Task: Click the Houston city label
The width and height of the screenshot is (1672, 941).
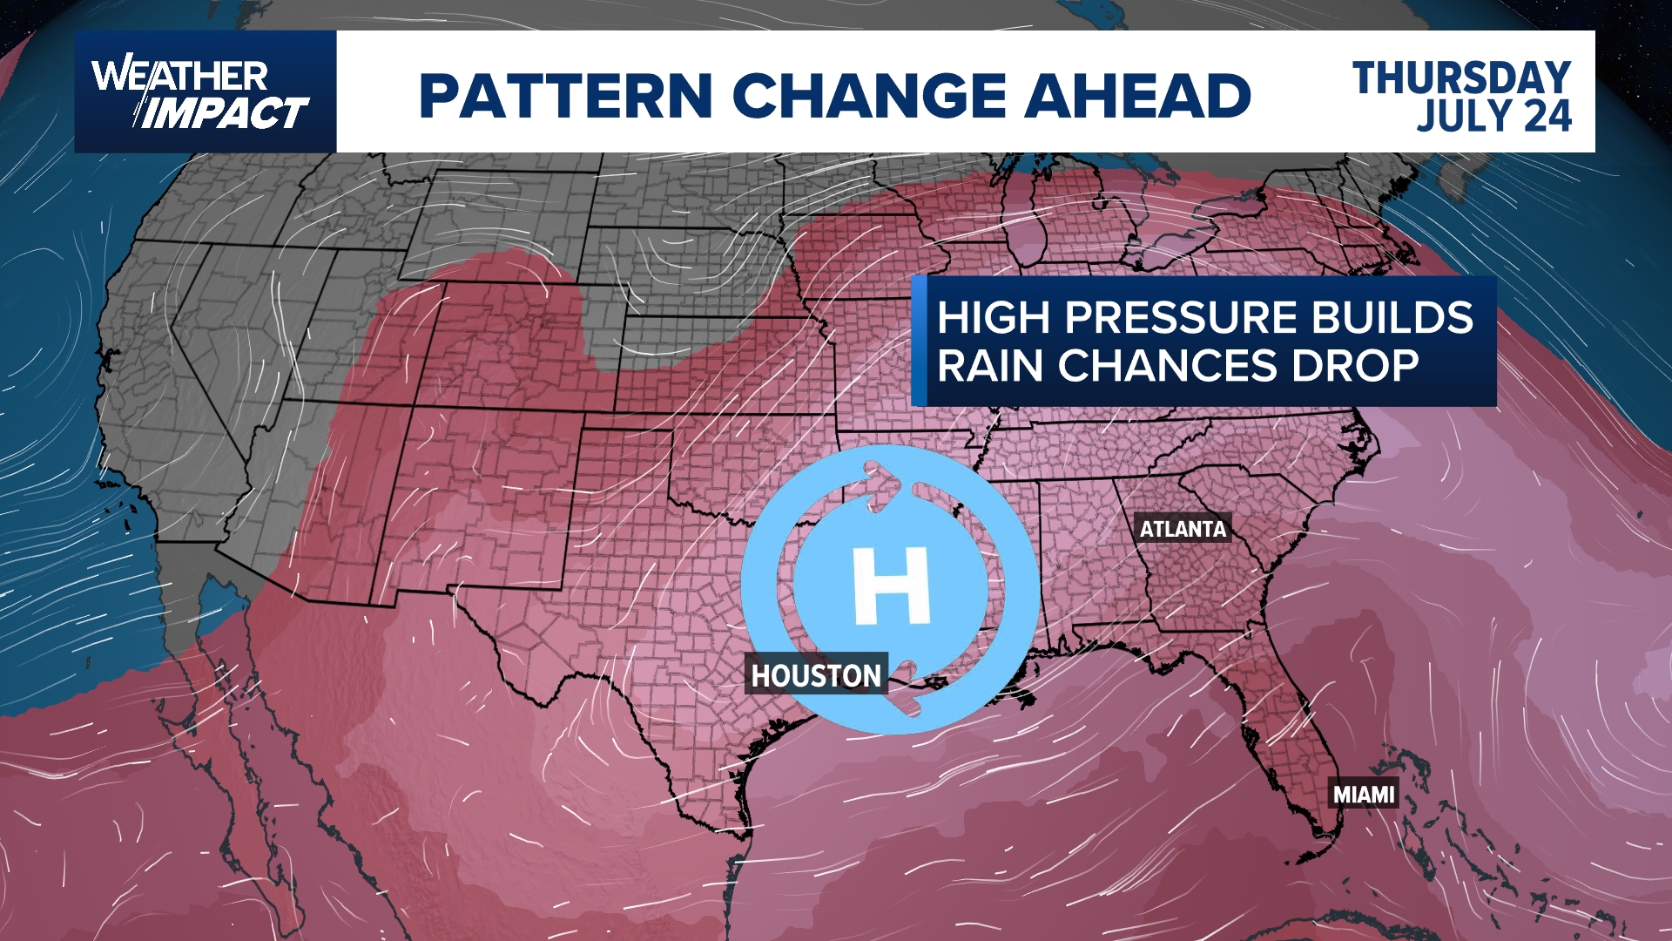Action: coord(816,675)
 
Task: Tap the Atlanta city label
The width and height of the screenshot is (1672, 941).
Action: coord(1183,529)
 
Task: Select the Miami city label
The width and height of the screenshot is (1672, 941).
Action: coord(1364,795)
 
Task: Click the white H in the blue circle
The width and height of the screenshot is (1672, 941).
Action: coord(891,586)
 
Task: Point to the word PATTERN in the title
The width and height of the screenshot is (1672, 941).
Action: coord(566,95)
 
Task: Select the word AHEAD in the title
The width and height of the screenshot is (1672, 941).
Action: coord(1137,95)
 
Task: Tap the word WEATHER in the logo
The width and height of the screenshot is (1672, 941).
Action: coord(179,77)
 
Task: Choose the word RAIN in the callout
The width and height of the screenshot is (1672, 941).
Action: coord(990,366)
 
